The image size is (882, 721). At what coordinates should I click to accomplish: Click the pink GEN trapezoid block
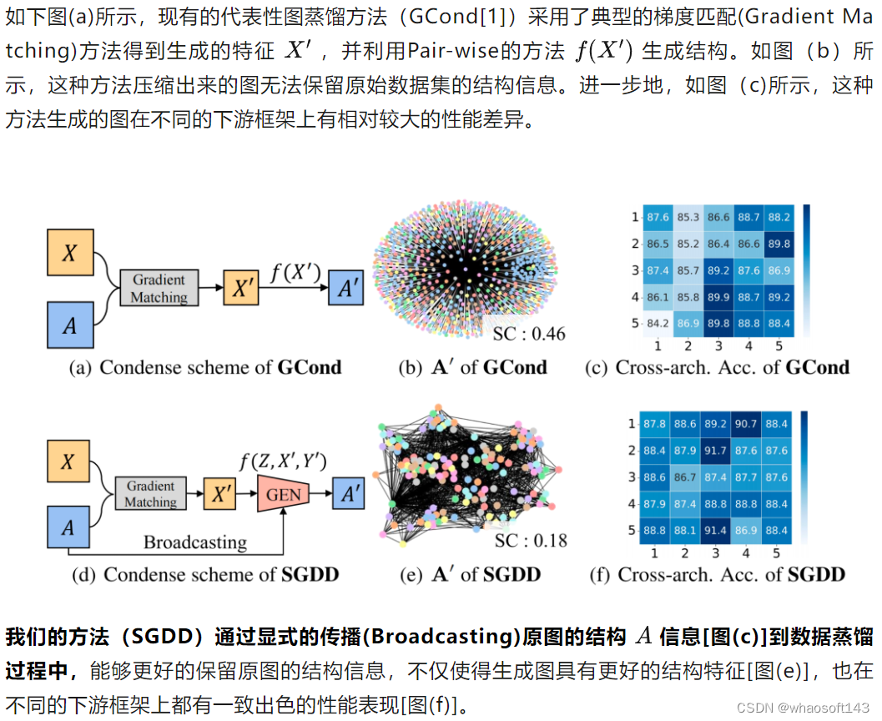pos(284,494)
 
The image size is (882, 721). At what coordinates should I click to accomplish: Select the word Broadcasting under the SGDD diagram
pos(195,542)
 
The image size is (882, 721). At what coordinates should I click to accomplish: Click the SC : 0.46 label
pos(529,334)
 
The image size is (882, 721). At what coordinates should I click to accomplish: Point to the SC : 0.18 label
pos(531,540)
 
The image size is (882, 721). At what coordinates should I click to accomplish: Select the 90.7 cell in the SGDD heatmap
pos(746,424)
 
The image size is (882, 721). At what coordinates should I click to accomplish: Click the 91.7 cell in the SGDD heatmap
pos(716,451)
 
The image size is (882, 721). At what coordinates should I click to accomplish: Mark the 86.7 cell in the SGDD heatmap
pos(686,477)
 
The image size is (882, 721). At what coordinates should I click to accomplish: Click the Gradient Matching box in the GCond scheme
pos(159,288)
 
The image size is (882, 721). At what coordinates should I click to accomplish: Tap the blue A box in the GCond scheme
pos(69,325)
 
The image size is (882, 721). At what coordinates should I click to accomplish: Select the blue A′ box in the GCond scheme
pos(346,290)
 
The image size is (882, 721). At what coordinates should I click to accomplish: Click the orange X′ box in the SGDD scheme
pos(220,495)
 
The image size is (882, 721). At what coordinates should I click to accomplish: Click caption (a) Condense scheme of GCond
pos(204,367)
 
